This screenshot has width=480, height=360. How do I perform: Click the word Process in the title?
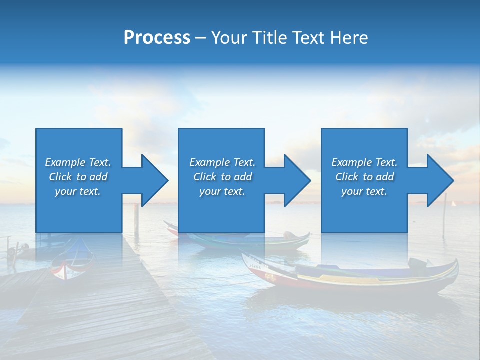click(x=157, y=38)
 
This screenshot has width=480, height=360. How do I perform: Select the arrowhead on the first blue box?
click(x=153, y=180)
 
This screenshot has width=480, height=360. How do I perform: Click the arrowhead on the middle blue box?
click(x=296, y=180)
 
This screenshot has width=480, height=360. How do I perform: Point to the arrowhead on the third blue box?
click(x=439, y=180)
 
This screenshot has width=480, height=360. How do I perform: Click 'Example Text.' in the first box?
click(x=78, y=162)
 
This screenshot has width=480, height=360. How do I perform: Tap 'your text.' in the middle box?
click(x=222, y=191)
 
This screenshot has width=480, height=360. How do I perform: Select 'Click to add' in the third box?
click(x=365, y=177)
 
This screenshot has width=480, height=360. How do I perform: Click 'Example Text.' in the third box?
click(x=364, y=162)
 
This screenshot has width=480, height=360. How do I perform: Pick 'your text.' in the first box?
click(x=78, y=191)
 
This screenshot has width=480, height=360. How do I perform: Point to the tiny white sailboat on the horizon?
click(x=454, y=203)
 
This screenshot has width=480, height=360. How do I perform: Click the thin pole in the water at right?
click(x=444, y=215)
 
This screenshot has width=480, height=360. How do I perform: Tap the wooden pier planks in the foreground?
click(x=110, y=310)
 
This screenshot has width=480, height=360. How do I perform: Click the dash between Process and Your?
click(x=200, y=38)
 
